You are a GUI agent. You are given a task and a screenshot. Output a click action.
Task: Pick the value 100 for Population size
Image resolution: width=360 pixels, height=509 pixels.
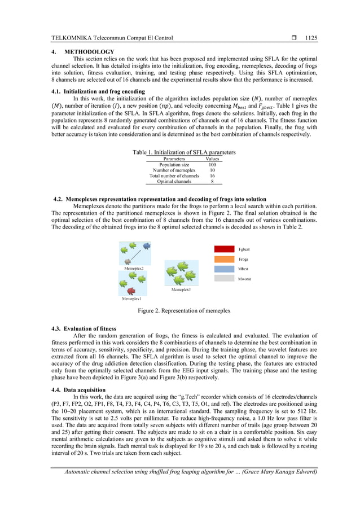click(212, 165)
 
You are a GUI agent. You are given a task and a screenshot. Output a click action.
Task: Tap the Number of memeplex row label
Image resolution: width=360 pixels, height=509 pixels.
click(174, 170)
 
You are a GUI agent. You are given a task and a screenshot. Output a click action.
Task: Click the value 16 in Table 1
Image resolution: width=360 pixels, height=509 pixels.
click(212, 176)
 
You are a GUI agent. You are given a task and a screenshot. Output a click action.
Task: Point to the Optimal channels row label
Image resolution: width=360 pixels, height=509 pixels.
click(174, 182)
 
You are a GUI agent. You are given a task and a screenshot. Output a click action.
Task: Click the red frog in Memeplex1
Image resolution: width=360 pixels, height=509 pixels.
click(131, 291)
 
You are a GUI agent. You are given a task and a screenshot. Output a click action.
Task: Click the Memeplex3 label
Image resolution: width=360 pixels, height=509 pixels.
click(181, 289)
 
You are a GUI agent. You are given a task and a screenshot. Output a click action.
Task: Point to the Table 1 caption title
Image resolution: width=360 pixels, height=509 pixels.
click(183, 153)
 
